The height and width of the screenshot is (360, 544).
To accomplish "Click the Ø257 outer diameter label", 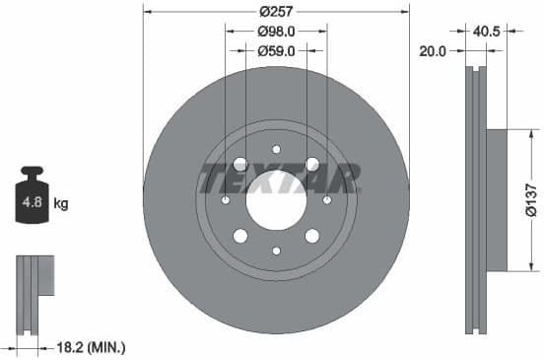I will (x=275, y=12).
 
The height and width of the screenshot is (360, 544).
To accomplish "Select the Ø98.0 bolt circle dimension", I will (x=275, y=32).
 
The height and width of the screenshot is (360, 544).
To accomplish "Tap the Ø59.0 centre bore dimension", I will (x=275, y=50).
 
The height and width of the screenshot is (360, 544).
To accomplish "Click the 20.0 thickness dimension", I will (x=434, y=50).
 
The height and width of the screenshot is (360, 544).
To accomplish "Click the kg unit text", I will (x=61, y=205).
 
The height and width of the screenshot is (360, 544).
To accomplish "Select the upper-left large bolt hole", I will (x=240, y=165).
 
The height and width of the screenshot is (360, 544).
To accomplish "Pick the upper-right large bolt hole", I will (x=311, y=165).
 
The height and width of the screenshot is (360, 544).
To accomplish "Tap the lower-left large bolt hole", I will (x=240, y=236).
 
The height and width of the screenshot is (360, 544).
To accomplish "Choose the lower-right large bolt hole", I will (x=311, y=236).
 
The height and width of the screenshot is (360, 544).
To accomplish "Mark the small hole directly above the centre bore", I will (x=276, y=150).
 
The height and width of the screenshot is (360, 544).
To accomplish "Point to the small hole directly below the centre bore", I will (x=276, y=251).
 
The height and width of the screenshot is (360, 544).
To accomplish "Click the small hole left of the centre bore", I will (x=226, y=200).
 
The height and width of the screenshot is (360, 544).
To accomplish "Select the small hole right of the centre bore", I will (x=326, y=200).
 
